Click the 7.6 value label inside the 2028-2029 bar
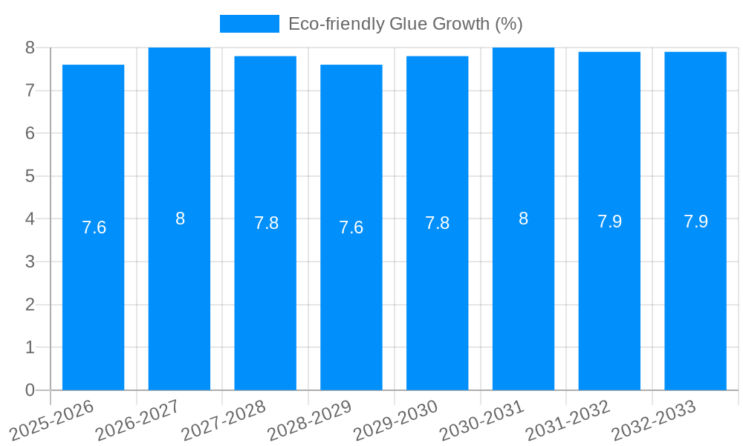click(x=351, y=227)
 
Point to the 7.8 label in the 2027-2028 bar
click(x=266, y=223)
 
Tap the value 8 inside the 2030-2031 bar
click(x=523, y=219)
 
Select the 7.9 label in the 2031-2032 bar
click(x=609, y=222)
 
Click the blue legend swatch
click(x=249, y=24)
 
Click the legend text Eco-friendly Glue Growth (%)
click(x=405, y=24)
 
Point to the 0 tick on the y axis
click(x=30, y=390)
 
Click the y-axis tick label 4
click(x=30, y=219)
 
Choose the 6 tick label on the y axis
click(x=30, y=133)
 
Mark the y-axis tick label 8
click(x=30, y=48)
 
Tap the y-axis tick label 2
click(x=30, y=305)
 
